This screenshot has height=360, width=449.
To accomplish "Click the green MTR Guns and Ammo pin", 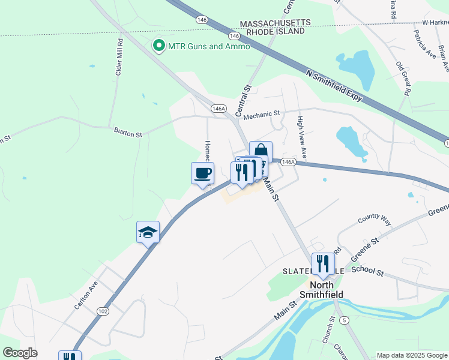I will click(x=159, y=46).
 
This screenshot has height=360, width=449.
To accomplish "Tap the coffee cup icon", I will click(x=202, y=173).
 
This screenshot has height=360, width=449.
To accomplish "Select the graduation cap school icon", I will click(x=148, y=232).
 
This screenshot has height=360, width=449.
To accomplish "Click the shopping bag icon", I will click(x=261, y=151).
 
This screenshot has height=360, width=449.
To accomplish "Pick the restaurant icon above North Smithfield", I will click(x=322, y=263).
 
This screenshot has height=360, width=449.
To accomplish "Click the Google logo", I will click(x=20, y=353).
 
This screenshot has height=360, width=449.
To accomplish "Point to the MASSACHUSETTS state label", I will click(x=276, y=23).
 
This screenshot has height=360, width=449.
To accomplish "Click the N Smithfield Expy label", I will click(x=335, y=86).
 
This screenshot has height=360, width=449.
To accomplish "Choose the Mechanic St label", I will click(x=262, y=113).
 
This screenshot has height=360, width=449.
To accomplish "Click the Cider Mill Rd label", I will click(x=119, y=58).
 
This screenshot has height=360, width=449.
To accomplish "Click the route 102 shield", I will click(x=103, y=311).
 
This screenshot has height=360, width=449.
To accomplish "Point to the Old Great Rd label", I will click(x=402, y=78).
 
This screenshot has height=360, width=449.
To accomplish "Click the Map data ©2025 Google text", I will click(x=412, y=355).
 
